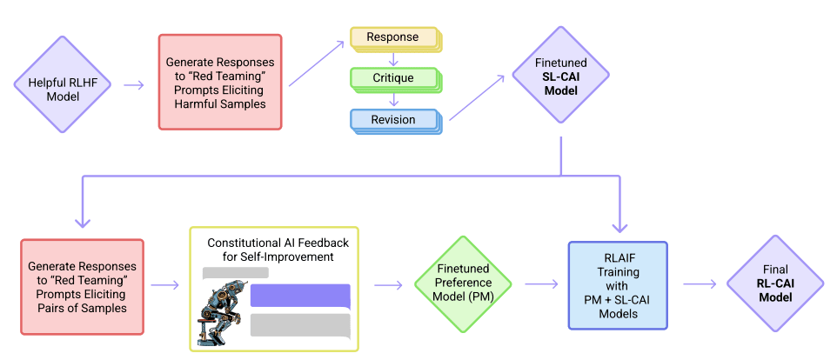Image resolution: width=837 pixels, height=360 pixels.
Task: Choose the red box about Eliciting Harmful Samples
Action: [219, 83]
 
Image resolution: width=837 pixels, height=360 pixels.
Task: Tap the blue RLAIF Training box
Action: [618, 285]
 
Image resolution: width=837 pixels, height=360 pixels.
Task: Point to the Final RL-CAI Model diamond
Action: [773, 283]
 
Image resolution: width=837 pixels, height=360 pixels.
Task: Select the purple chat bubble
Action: [299, 296]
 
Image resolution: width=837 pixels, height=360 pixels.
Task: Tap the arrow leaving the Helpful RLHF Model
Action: [134, 85]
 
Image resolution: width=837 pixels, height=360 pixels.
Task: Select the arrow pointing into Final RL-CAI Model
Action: [700, 283]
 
